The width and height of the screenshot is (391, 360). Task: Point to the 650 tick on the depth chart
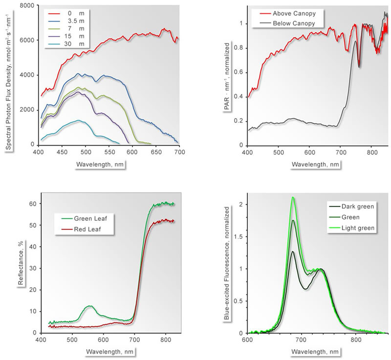[156, 152]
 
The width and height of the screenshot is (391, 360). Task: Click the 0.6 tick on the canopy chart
[238, 73]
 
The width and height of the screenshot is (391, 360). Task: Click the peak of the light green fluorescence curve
[293, 197]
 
